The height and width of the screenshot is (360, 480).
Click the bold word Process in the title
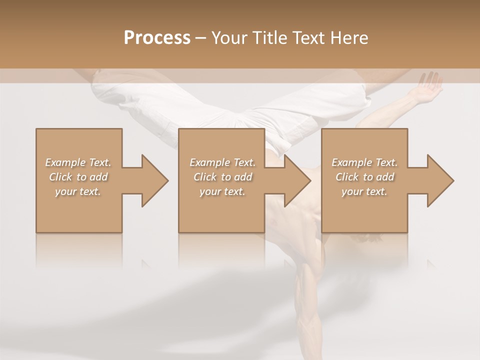[157, 38]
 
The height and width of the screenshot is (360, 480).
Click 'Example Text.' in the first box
[78, 162]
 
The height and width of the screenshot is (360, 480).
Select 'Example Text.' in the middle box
[222, 162]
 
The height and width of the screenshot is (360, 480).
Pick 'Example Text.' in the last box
[364, 162]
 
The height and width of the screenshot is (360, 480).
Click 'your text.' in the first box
[78, 191]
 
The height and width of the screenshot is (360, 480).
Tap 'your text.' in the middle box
[222, 191]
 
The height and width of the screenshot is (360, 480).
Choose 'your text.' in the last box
[364, 191]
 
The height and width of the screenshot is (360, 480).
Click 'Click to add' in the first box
[78, 177]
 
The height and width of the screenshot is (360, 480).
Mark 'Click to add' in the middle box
[222, 177]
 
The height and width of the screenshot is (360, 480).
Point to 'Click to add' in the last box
[364, 177]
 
